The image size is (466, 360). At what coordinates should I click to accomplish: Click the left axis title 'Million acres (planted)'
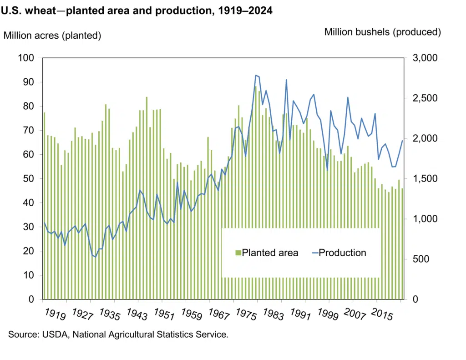[52, 35]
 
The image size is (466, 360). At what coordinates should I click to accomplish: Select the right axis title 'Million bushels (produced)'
[383, 32]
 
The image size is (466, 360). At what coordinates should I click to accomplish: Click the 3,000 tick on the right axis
[424, 58]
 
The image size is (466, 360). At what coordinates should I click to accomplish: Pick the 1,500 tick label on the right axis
[424, 179]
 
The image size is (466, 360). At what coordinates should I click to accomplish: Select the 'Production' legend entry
[342, 253]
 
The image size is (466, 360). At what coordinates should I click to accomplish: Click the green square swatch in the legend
[238, 253]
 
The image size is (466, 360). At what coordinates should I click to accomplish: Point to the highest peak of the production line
[256, 75]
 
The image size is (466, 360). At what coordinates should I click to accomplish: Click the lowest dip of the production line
[96, 257]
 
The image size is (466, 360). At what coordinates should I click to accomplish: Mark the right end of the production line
[402, 141]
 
